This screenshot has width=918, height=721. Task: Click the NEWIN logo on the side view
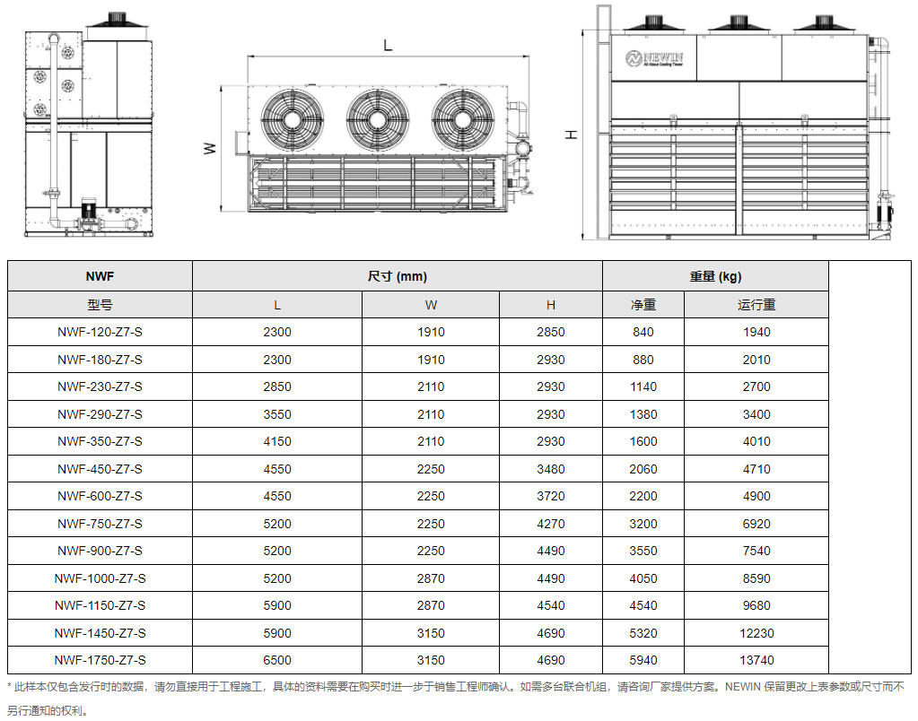tap(654, 58)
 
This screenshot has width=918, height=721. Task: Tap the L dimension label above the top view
tap(388, 45)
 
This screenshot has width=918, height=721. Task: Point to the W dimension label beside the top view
tap(210, 149)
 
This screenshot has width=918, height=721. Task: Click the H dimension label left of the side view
tap(571, 135)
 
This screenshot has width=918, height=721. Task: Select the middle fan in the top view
tap(377, 119)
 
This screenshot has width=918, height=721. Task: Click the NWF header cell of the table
tap(101, 276)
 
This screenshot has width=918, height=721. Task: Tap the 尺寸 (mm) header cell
tap(397, 276)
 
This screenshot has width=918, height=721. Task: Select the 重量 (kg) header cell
tap(715, 276)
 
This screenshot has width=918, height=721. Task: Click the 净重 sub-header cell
tap(643, 304)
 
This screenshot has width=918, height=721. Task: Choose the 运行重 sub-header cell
tap(756, 304)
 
